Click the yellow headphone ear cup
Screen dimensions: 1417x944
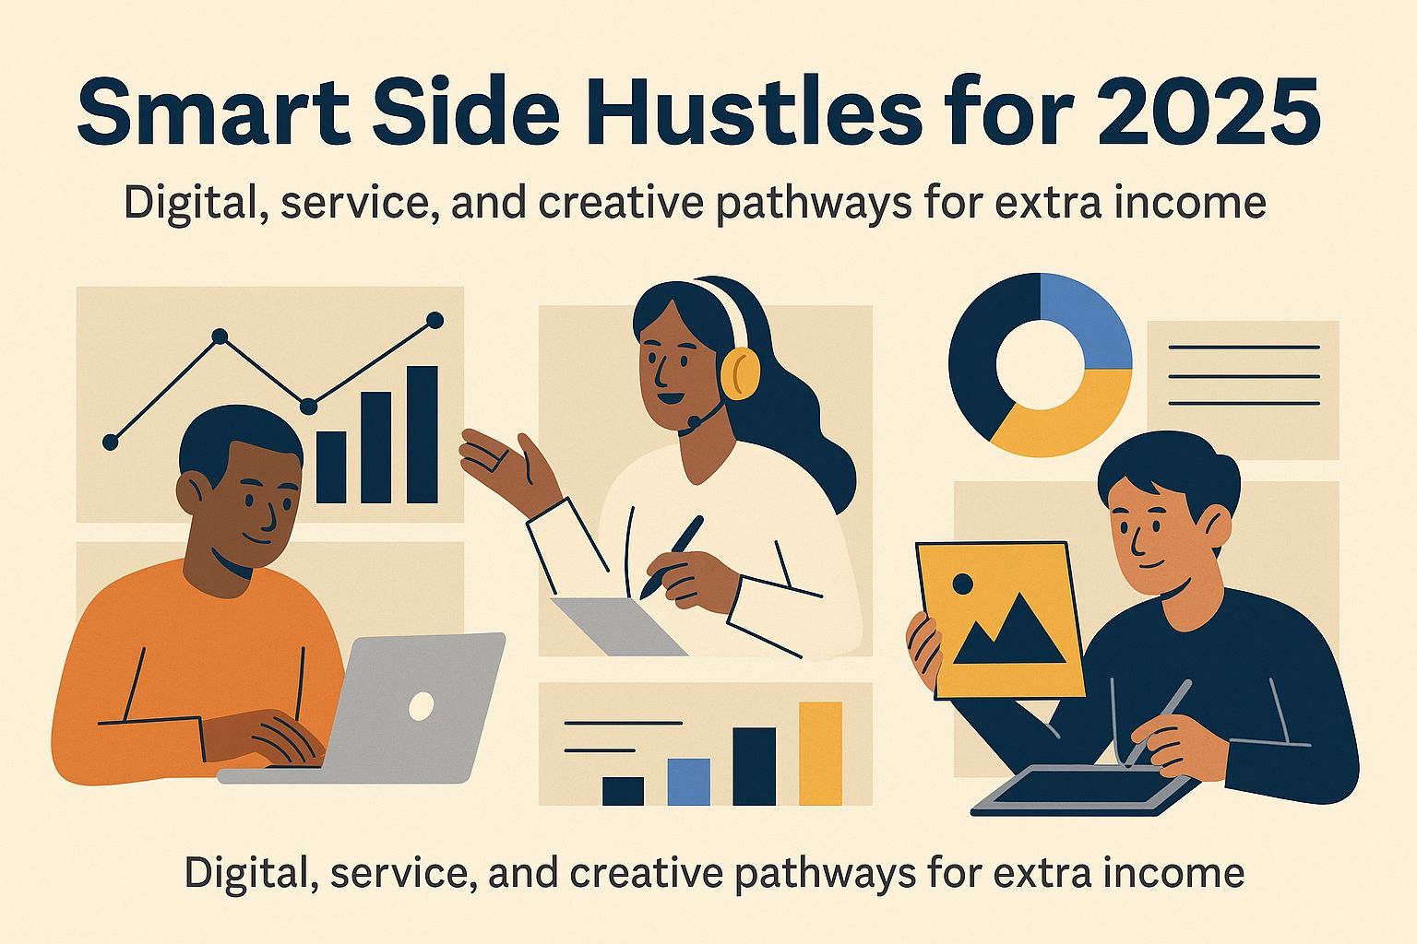(740, 373)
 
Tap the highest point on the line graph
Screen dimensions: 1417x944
(435, 321)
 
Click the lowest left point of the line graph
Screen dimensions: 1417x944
(110, 442)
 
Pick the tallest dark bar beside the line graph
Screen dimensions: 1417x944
(422, 434)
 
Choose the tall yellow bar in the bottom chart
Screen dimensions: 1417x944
(820, 753)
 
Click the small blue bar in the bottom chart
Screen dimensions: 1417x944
(689, 782)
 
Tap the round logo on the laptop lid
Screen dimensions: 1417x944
(421, 705)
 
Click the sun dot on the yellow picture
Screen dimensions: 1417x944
(963, 584)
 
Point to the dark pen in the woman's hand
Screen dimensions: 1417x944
(672, 557)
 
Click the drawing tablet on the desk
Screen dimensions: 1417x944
(1085, 790)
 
